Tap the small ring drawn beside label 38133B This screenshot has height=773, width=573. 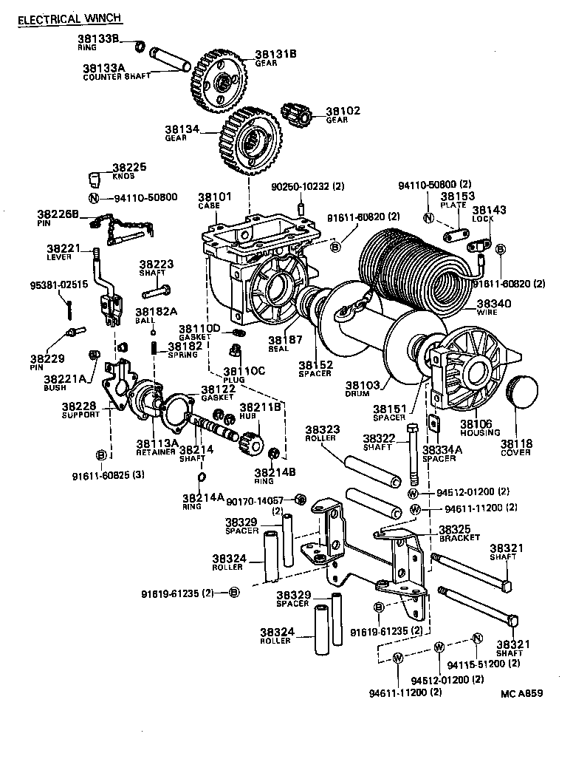click(137, 47)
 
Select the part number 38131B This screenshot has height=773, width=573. click(275, 54)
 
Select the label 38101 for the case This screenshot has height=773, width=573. click(214, 197)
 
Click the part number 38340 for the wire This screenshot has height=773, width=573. click(493, 302)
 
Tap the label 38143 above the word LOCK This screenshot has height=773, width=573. click(489, 210)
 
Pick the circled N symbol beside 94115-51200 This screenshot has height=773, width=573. click(477, 639)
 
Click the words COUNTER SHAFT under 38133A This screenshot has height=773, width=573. click(117, 76)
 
